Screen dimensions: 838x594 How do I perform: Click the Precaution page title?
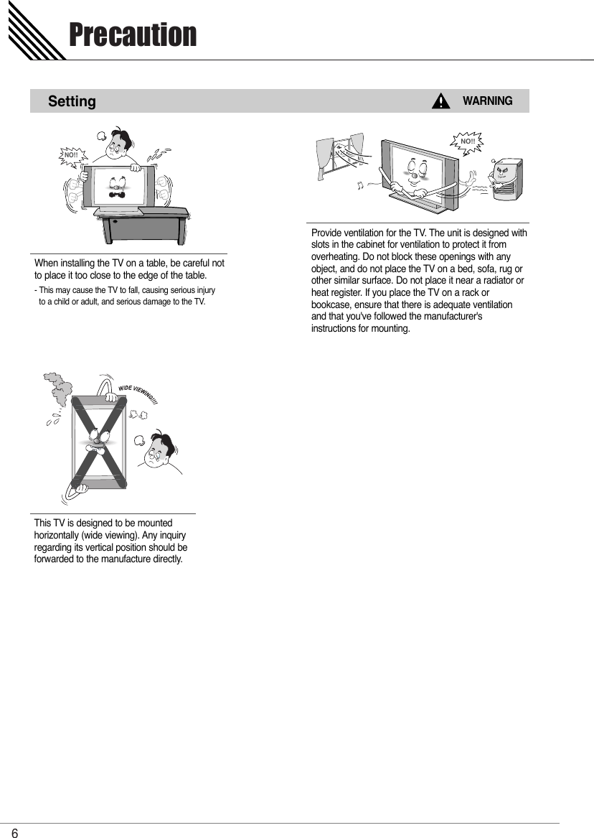coord(132,34)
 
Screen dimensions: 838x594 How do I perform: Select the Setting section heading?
coord(72,101)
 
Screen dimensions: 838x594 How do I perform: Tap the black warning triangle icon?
coord(440,101)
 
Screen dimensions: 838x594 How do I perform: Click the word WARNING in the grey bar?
coord(487,101)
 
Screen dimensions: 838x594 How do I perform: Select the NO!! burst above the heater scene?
coord(467,141)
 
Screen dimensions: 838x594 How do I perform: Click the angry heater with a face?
coord(506,177)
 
